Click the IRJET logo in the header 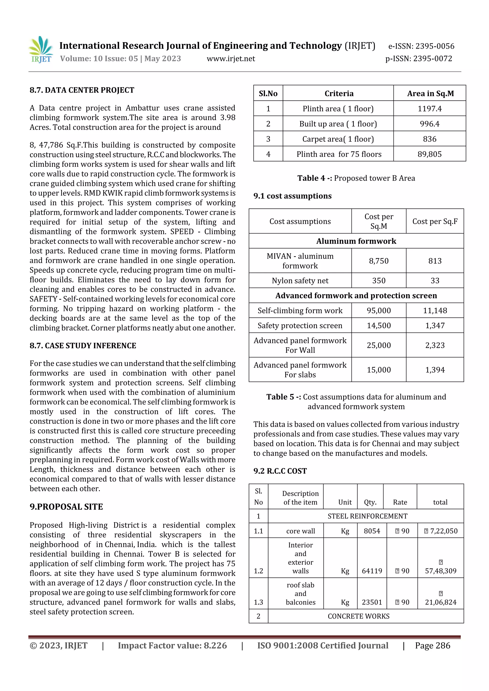[x=41, y=50]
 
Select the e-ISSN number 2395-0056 [x=421, y=46]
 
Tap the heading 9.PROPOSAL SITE [x=66, y=507]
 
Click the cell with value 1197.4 [x=429, y=109]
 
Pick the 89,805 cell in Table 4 [x=429, y=154]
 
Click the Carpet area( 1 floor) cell [x=338, y=139]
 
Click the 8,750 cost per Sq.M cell [x=378, y=261]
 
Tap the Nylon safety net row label [x=300, y=281]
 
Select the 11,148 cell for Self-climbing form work [x=435, y=311]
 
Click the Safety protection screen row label [x=300, y=326]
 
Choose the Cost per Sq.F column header [x=435, y=222]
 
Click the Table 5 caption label [x=283, y=397]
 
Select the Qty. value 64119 [x=372, y=571]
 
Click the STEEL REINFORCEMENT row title [x=367, y=516]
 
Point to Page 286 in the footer [x=432, y=645]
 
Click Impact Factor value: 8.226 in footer [x=172, y=645]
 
